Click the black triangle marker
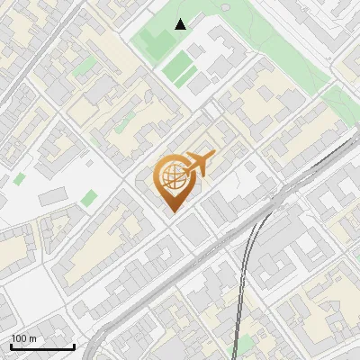click(181, 24)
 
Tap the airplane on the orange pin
click(196, 165)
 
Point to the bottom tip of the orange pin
click(172, 211)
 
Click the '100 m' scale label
click(23, 338)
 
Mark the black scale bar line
click(42, 346)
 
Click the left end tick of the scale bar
click(11, 345)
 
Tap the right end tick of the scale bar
click(74, 345)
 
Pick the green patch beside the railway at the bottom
click(241, 346)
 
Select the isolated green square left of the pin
click(88, 198)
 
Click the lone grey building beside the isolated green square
click(52, 196)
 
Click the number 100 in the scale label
click(18, 338)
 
